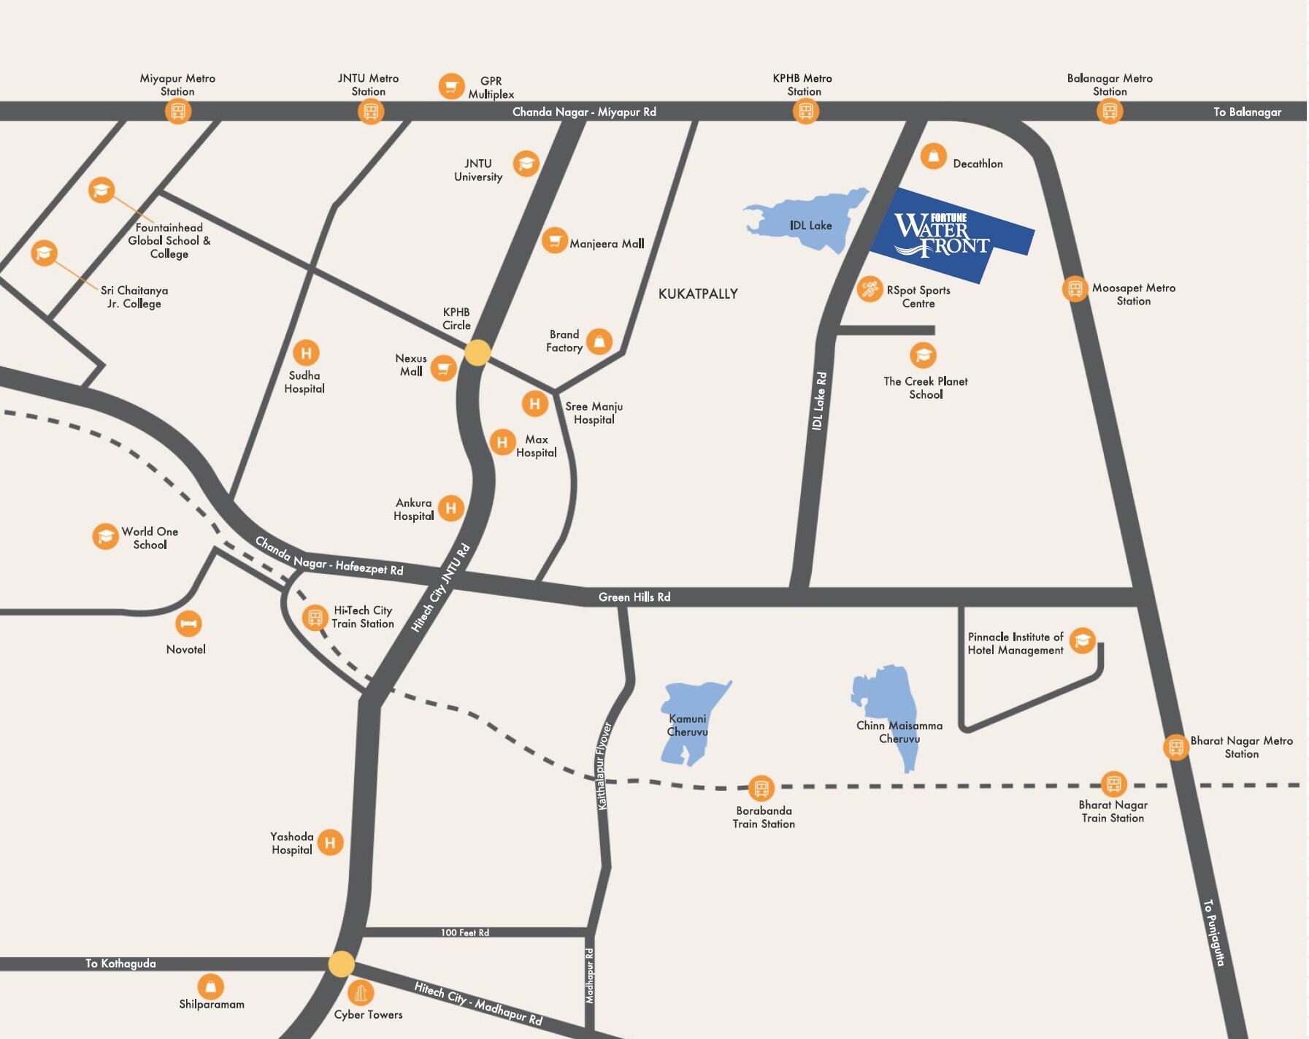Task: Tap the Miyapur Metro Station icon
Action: (177, 111)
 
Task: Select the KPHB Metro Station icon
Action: (805, 111)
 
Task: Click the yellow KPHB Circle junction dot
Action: (477, 353)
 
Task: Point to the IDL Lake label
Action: (810, 226)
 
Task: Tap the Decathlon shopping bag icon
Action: (933, 156)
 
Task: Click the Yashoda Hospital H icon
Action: (330, 843)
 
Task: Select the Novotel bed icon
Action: (188, 624)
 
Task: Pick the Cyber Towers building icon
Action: (360, 992)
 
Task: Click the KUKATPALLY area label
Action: (698, 294)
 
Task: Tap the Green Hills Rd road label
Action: (634, 597)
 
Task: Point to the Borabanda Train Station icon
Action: (761, 788)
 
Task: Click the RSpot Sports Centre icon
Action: (870, 289)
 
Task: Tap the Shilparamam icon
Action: (210, 986)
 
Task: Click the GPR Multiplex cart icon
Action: (451, 86)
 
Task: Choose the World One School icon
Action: (105, 536)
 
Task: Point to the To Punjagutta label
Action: (1213, 932)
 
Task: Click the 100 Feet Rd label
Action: (464, 932)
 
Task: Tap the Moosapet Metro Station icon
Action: (1075, 288)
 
